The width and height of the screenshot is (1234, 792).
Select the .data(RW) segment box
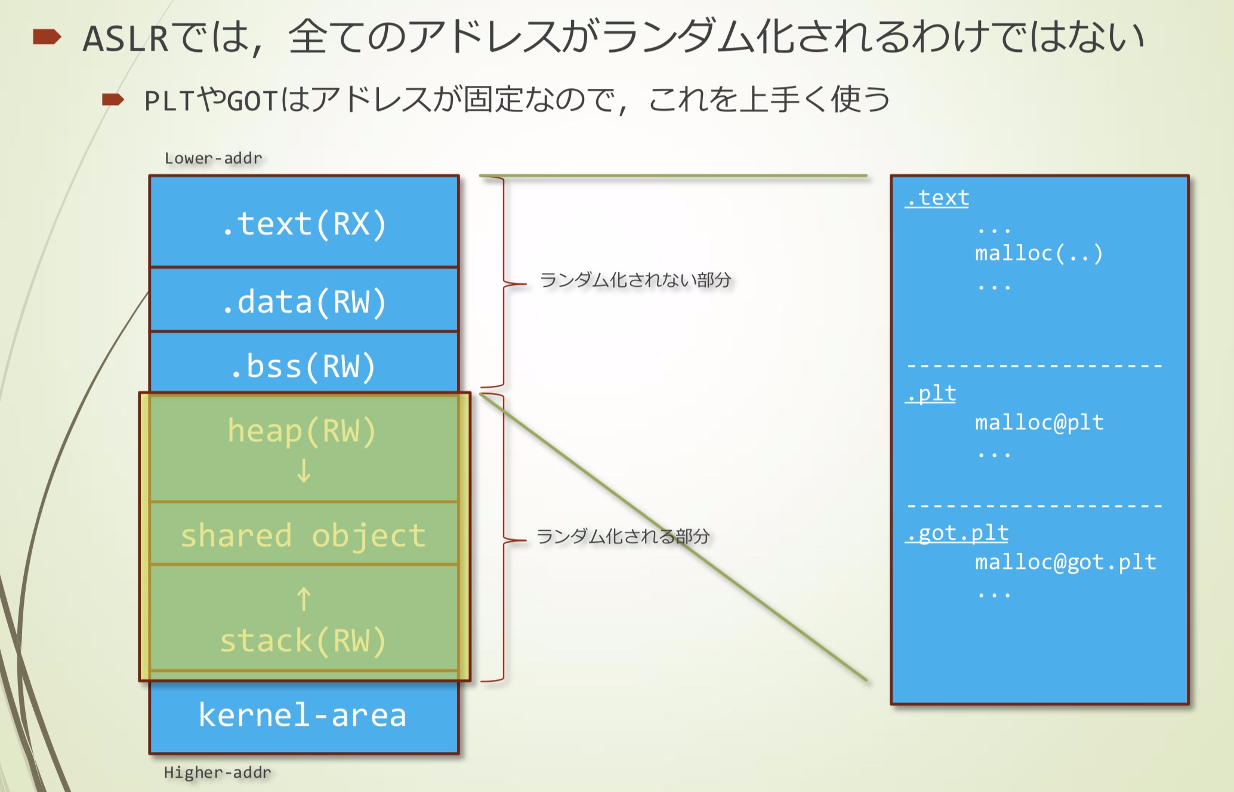click(304, 301)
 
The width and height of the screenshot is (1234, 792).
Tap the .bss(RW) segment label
click(304, 366)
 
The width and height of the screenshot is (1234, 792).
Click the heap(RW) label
click(302, 431)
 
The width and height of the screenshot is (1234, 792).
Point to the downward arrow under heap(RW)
click(304, 471)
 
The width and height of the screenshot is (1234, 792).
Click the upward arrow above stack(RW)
click(304, 599)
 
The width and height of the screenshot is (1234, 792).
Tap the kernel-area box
click(303, 715)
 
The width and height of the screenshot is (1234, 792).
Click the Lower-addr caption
click(213, 158)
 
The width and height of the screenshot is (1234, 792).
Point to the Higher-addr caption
click(217, 772)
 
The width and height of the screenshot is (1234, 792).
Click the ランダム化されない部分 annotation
click(635, 280)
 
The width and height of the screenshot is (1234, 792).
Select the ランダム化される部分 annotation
click(623, 536)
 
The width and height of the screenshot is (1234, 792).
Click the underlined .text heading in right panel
click(937, 198)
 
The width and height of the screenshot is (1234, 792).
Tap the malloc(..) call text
click(1039, 253)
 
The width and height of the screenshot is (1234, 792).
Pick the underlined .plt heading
click(931, 394)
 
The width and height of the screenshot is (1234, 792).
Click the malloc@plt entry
click(1039, 423)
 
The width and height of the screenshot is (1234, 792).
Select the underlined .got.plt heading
click(957, 533)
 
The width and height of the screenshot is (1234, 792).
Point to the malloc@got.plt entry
click(1066, 562)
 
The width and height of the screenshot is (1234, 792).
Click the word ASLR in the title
click(126, 38)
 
